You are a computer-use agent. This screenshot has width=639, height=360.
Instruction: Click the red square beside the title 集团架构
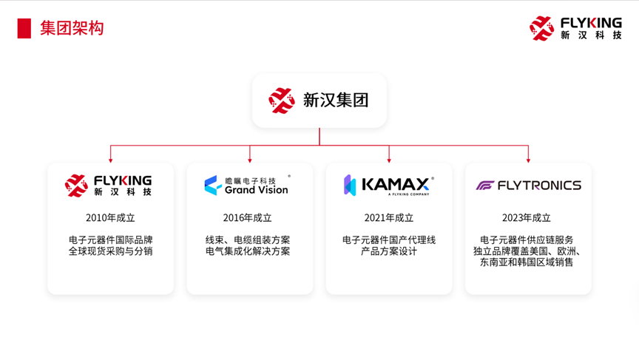pos(24,29)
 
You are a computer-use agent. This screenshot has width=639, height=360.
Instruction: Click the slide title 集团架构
pos(72,29)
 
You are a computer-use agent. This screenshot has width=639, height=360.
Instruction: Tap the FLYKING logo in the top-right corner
pos(575,29)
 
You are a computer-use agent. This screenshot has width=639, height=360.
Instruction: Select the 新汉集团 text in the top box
pos(335,101)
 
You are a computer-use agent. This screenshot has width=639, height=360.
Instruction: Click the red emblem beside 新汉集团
pos(282,101)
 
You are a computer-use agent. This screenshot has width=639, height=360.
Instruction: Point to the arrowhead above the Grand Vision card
pos(250,161)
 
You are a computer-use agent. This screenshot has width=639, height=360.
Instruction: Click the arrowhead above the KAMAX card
pos(389,161)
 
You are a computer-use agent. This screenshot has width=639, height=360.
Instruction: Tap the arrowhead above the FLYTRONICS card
pos(528,161)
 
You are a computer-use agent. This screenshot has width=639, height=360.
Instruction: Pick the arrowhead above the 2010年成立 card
pos(110,161)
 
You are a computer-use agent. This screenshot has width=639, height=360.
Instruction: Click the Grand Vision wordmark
pos(257,190)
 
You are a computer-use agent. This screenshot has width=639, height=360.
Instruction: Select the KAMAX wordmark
pos(395,185)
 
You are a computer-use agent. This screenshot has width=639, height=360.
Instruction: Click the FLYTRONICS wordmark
pos(539,186)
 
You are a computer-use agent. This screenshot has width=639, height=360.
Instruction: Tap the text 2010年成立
pos(110,218)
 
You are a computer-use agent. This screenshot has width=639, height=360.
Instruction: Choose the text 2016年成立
pos(247,218)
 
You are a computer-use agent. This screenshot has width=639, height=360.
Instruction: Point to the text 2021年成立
pos(389,218)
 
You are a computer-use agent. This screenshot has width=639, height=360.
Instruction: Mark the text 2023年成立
pos(526,218)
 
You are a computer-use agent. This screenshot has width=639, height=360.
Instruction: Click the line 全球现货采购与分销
pos(110,251)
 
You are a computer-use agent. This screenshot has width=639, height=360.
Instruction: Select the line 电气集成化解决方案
pos(248,251)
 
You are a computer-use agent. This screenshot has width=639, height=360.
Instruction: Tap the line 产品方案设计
pos(389,251)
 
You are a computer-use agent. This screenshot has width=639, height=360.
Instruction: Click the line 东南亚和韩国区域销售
pos(526,262)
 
